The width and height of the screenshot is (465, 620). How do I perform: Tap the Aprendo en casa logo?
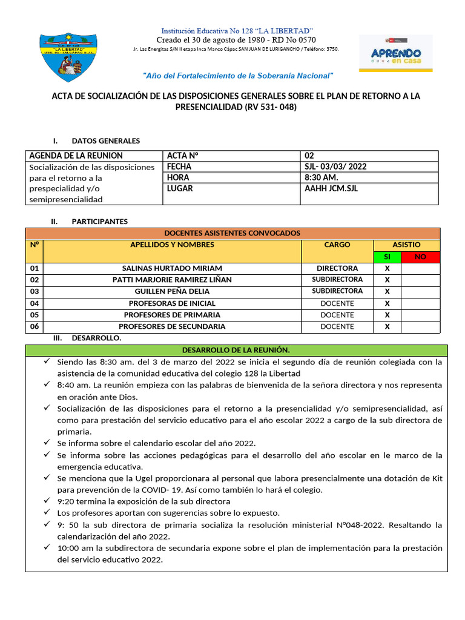395,53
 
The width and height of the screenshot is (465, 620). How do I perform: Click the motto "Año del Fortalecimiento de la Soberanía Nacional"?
238,76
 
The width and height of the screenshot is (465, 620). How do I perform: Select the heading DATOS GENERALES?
105,140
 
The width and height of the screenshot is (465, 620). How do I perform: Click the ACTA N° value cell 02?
309,156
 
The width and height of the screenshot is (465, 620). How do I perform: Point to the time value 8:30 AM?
322,177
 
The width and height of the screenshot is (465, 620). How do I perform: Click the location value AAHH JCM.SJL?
332,188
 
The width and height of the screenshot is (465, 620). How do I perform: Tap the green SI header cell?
387,257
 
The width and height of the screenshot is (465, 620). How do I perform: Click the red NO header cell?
420,257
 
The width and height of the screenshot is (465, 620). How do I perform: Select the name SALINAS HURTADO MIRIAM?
172,268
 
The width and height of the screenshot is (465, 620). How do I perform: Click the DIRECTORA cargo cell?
337,268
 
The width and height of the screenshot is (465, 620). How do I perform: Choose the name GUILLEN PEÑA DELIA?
172,291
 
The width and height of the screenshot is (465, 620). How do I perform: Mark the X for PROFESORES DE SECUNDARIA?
387,326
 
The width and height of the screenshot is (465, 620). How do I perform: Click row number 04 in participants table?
34,303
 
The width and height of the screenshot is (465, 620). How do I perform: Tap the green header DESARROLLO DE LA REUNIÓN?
236,351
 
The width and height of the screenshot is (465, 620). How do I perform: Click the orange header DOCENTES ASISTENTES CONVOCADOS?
232,233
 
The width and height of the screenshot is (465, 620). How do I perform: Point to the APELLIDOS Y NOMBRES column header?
172,245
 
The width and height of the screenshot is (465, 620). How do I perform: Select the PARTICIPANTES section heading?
99,222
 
